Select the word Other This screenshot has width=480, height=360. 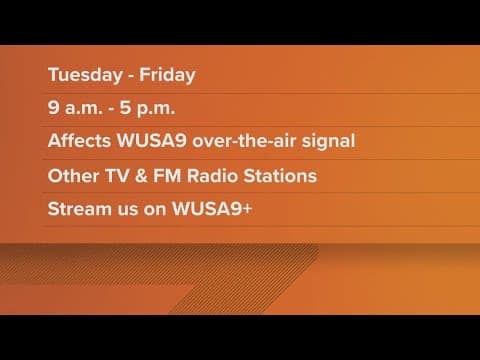[71, 176]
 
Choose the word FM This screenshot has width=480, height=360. [167, 176]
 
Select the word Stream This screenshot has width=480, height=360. [78, 211]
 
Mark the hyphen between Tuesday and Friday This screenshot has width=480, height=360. [126, 74]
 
